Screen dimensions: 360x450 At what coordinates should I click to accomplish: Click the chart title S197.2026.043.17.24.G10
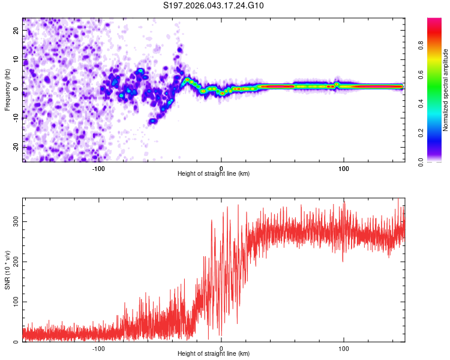(x=214, y=6)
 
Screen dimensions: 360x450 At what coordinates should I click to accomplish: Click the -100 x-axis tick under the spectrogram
(x=99, y=168)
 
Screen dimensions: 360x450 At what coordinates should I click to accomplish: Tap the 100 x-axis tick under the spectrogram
(x=344, y=168)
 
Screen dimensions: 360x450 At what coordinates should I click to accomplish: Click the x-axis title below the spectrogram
(x=214, y=174)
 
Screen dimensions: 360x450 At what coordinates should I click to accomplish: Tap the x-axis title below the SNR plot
(x=214, y=354)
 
